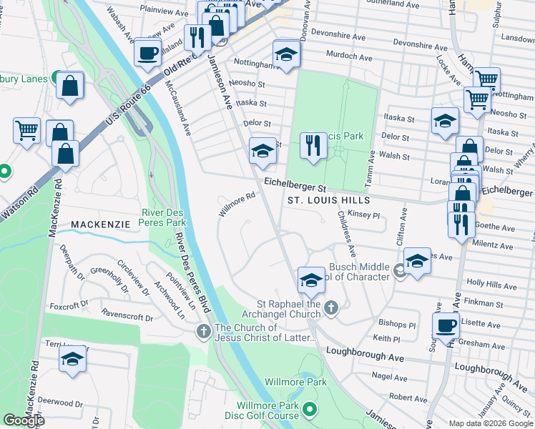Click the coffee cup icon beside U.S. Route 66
147,52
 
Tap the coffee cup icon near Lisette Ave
446,325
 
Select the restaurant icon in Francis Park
313,146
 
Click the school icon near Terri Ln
72,360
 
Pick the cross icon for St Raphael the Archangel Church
330,308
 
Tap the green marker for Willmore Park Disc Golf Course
310,410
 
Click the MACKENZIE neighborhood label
100,225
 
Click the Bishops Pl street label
397,324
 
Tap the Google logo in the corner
24,420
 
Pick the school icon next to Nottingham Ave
286,55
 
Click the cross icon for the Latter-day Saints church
203,331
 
